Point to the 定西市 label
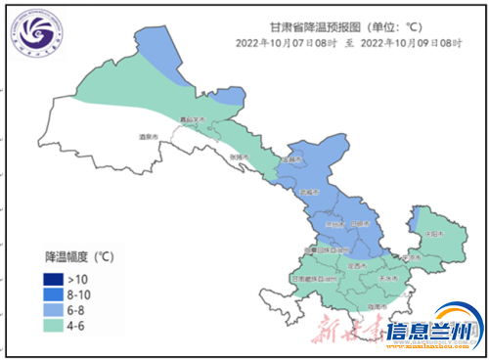tap(356, 265)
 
